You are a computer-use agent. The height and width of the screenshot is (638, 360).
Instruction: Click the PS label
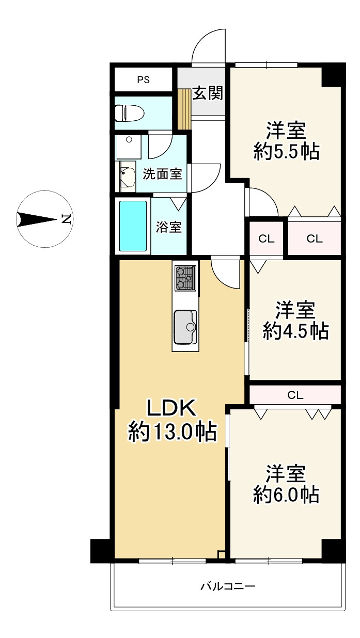click(144, 79)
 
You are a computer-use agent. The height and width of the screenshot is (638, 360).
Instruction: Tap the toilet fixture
click(129, 113)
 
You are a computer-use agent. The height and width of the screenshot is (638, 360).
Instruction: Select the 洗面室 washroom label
click(162, 174)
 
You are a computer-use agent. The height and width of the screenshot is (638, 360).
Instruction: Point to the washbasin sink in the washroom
click(128, 177)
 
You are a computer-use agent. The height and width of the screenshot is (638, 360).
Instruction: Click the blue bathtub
click(133, 226)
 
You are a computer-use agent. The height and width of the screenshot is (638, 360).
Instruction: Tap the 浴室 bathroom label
click(168, 227)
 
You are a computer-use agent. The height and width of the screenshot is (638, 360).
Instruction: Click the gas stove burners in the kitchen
click(185, 278)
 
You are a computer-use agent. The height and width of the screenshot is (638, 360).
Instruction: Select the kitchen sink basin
click(185, 327)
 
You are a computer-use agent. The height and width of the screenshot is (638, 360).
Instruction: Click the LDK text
click(171, 408)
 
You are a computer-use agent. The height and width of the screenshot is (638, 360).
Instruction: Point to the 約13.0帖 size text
click(173, 432)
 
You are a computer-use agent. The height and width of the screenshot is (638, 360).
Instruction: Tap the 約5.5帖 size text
click(286, 152)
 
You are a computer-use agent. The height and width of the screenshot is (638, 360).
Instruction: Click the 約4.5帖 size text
click(295, 331)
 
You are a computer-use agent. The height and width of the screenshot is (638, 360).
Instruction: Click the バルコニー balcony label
click(228, 587)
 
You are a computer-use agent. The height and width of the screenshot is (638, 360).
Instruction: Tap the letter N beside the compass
click(66, 219)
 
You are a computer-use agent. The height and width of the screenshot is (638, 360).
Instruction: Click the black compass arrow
click(37, 219)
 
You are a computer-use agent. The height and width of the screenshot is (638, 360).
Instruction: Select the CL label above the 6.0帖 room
click(295, 395)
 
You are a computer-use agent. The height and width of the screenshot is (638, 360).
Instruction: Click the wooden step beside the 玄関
click(184, 109)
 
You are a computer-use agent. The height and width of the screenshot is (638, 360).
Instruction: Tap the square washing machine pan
click(128, 147)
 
